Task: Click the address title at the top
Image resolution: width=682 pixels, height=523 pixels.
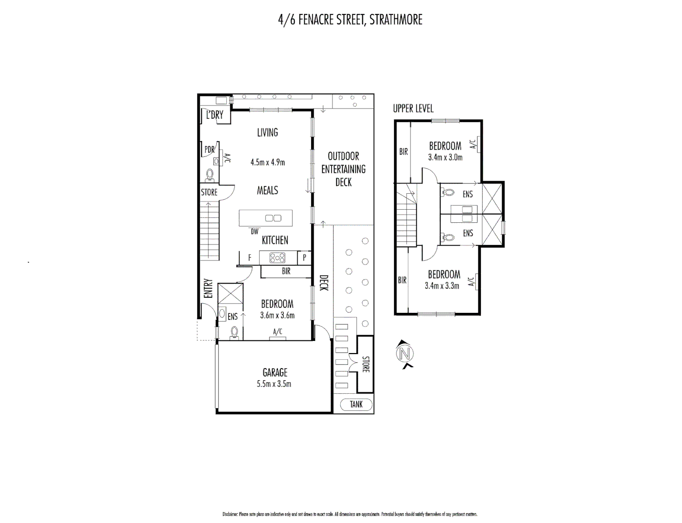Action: pos(350,19)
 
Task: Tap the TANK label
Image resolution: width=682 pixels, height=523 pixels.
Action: pos(356,404)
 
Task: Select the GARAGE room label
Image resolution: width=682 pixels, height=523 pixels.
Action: pos(275,372)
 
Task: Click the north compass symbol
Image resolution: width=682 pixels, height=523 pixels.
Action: pos(405,354)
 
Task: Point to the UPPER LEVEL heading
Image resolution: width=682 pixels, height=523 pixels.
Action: pos(413,108)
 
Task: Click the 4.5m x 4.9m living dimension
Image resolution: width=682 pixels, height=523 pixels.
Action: pos(268,162)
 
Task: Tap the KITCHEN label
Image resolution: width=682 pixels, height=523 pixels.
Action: pos(275,240)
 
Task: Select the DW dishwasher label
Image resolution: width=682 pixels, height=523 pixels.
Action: pos(254,231)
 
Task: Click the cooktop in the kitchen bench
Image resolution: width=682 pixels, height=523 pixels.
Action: pos(278,257)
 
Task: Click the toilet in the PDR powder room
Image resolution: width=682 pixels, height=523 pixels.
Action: pos(210,174)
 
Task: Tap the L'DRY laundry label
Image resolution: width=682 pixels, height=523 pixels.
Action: pos(215,115)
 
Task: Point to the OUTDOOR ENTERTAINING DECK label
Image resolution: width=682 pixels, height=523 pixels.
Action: pos(343,169)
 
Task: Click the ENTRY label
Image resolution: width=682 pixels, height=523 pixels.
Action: pos(208,288)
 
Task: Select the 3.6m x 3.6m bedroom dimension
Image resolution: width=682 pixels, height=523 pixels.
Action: pos(277,315)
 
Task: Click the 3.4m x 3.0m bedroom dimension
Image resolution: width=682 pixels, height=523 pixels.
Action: pos(445,157)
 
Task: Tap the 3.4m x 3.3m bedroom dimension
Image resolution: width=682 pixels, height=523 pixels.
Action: pos(442,286)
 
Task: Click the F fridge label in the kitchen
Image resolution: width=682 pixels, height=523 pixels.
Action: pos(250,258)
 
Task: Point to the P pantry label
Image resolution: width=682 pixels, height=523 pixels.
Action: pos(304,258)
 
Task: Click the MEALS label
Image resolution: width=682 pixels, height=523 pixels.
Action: pos(268,190)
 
